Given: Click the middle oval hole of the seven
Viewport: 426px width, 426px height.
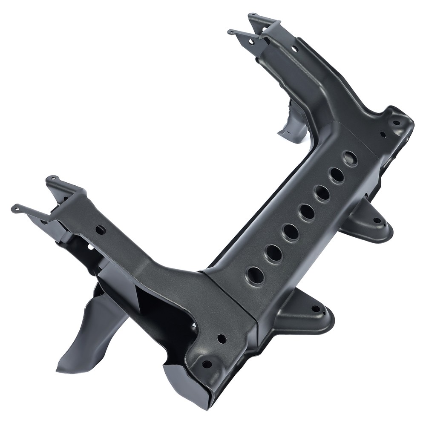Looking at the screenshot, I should point(307,212).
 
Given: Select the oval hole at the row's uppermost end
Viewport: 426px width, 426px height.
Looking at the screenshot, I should point(350,158).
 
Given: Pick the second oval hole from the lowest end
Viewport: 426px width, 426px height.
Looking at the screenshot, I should point(273,253).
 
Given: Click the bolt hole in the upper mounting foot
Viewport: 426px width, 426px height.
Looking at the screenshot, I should point(377,221).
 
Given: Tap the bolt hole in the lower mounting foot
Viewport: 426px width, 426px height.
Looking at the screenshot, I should point(315,309).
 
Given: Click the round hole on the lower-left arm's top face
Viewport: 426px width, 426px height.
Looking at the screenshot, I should point(101,230).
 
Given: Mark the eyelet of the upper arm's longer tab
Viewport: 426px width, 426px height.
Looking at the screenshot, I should point(231,32).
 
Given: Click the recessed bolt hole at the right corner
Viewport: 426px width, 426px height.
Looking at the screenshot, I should point(396,122).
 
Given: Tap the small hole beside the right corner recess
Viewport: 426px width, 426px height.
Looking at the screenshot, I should point(383,135).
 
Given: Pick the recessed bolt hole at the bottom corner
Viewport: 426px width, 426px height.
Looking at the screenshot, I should point(207,364).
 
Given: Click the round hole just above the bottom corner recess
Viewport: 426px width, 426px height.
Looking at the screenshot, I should point(222,339).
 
